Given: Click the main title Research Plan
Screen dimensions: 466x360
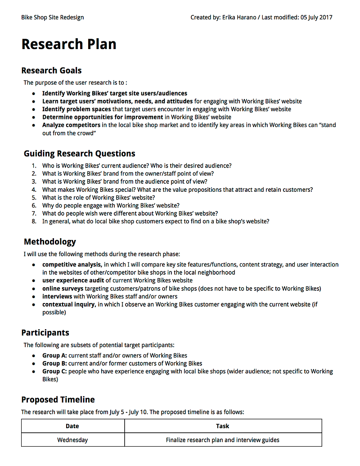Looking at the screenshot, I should click(69, 44).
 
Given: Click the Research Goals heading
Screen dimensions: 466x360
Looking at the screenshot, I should click(51, 70).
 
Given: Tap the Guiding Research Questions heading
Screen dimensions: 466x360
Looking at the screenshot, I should click(79, 153).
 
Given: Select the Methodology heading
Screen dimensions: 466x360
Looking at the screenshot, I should click(49, 242).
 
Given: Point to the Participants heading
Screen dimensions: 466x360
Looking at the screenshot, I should click(45, 333).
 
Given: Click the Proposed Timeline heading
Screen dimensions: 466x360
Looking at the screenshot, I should click(58, 399).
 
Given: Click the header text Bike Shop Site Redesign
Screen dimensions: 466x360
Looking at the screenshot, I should click(52, 18).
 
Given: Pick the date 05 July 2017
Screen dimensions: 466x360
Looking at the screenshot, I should click(316, 18).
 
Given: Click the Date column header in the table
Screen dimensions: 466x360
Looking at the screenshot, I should click(72, 426).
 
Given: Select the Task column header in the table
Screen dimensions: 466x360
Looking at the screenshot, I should click(222, 426).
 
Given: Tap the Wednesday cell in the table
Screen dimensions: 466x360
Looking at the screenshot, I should click(72, 440).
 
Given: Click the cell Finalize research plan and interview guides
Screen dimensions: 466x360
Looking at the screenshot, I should click(222, 440).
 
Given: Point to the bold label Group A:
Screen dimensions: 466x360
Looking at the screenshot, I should click(54, 355).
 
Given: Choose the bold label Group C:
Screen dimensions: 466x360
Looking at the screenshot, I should click(54, 371).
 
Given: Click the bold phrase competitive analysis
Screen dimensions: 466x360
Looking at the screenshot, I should click(72, 264).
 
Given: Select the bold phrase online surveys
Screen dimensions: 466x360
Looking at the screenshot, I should click(63, 289).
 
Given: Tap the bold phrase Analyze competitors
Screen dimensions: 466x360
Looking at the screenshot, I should click(71, 125).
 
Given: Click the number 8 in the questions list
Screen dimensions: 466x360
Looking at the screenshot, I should click(34, 222).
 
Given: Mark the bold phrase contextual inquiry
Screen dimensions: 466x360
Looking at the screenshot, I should click(68, 305).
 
